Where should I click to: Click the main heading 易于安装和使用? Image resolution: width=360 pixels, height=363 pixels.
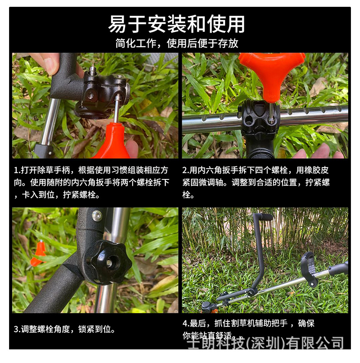pyautogui.click(x=177, y=24)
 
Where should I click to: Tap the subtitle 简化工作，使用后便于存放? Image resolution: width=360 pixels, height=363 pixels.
pyautogui.click(x=177, y=44)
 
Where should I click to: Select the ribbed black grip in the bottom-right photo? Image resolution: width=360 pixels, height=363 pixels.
pyautogui.click(x=264, y=217)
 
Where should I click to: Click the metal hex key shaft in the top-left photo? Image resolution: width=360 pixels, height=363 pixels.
pyautogui.click(x=116, y=109)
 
